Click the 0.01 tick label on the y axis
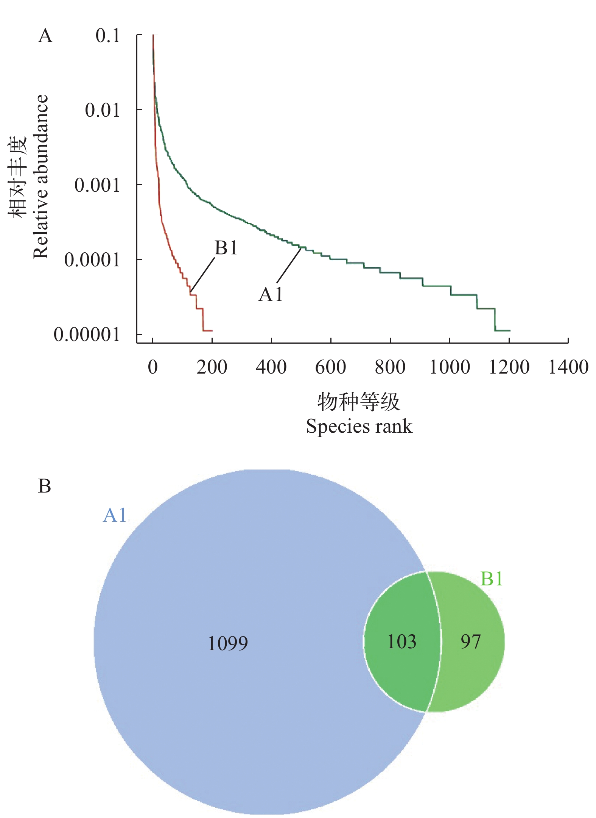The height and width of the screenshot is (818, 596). click(x=102, y=110)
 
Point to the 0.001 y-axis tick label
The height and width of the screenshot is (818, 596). click(x=97, y=185)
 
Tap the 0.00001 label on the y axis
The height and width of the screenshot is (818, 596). click(x=87, y=335)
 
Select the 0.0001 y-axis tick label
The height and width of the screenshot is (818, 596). click(x=92, y=260)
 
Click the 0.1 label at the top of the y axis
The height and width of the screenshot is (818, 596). click(x=107, y=36)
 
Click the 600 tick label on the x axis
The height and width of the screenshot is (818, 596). click(x=330, y=367)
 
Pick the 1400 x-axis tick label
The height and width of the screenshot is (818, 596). click(x=568, y=367)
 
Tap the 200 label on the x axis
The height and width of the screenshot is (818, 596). click(x=212, y=367)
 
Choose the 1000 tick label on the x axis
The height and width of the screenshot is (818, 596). click(x=449, y=367)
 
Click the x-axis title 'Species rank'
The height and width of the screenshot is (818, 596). click(x=359, y=426)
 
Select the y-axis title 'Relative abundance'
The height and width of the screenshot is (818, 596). click(x=41, y=177)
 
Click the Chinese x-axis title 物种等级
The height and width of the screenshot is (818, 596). click(x=358, y=402)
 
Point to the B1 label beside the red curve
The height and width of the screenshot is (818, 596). click(x=226, y=248)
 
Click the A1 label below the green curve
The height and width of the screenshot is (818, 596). click(x=271, y=294)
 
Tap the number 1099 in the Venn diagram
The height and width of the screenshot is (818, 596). click(x=228, y=644)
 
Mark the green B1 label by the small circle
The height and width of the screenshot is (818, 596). click(x=491, y=579)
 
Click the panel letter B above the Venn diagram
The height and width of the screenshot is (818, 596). click(x=45, y=486)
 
